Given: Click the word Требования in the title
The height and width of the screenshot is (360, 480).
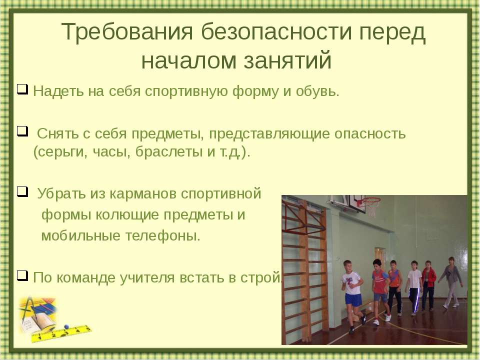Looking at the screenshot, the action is tap(127, 31).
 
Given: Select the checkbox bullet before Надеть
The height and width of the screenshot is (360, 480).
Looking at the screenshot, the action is tap(22, 89).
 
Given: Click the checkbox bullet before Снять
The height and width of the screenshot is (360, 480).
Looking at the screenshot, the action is tap(22, 131).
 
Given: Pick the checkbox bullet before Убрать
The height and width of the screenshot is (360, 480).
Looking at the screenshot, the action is tap(22, 191).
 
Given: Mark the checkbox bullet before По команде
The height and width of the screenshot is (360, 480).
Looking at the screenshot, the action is tap(22, 275).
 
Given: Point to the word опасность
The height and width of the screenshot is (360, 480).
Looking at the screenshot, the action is tap(370, 134).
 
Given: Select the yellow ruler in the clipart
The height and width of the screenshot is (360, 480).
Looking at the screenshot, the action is tap(61, 333).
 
